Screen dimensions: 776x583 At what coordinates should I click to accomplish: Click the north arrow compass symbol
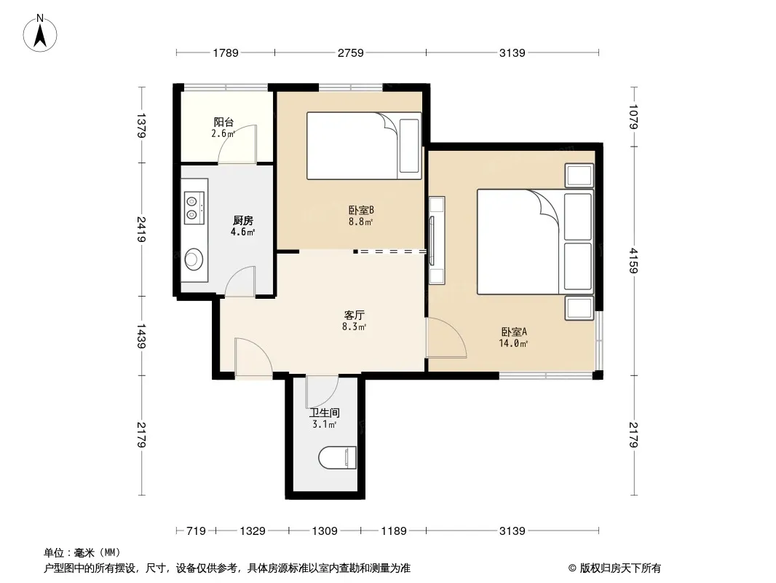pos(40,34)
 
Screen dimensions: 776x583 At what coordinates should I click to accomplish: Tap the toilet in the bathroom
pos(338,458)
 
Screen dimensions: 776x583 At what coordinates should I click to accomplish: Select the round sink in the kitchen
pos(194,259)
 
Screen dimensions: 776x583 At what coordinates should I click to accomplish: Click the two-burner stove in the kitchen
pos(194,208)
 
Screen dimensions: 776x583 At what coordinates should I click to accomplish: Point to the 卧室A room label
pos(514,332)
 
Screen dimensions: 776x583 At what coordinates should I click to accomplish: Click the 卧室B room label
pos(361,210)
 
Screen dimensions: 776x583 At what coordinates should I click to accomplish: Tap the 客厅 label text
pos(355,315)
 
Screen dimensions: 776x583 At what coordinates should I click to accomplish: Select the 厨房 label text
pos(242,220)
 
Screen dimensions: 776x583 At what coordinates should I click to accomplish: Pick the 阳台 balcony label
pos(223,122)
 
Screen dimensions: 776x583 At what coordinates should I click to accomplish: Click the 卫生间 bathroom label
pos(325,412)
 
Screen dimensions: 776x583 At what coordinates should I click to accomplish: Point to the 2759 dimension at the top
pos(350,52)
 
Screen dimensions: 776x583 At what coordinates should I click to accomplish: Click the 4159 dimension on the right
pos(633,261)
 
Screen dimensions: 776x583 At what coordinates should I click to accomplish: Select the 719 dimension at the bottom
pos(196,531)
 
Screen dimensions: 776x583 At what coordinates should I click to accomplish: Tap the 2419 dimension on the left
pos(141,230)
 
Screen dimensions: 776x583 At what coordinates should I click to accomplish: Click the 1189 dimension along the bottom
pos(393,531)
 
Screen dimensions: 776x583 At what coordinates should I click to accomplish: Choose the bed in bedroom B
pos(364,146)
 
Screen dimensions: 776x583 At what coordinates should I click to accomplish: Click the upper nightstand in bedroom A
pos(579,176)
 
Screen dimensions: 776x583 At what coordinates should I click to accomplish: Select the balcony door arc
pos(237,144)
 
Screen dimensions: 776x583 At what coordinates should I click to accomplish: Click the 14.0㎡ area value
pos(513,343)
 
